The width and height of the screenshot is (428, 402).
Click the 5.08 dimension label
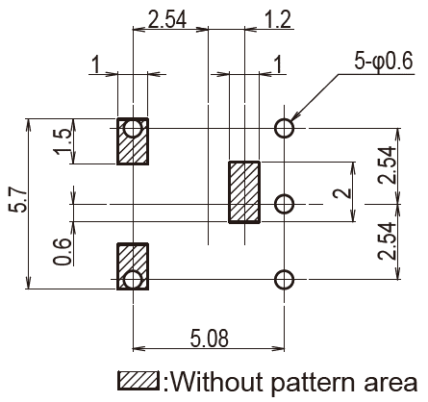pos(210,339)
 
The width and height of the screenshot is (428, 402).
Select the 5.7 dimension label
pos(18,199)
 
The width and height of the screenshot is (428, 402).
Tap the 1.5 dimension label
pos(64,141)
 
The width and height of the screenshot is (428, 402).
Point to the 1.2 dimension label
pos(278,19)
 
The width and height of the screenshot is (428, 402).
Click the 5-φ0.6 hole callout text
pos(384,61)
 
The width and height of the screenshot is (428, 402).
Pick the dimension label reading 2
pos(343,193)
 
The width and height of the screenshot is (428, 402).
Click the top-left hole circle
pos(133,128)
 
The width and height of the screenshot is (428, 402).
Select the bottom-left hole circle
pos(133,280)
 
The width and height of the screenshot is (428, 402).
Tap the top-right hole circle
pos(284,128)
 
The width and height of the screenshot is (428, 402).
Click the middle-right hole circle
pos(284,204)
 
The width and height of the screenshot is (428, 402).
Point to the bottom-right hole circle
pos(284,280)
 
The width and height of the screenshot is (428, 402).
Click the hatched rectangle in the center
pos(244,192)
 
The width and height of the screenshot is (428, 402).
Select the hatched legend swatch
pos(138,381)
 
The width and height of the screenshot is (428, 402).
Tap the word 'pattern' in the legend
pos(313,384)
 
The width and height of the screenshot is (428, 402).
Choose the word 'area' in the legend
pos(390,384)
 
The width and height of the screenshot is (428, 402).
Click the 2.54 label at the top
pos(166,19)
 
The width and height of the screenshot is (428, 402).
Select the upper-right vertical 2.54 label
pos(387,164)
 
